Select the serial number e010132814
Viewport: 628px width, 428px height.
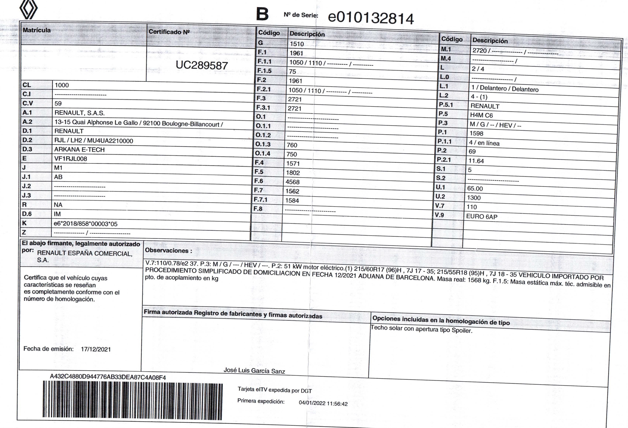371,18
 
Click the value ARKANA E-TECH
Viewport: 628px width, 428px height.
79,149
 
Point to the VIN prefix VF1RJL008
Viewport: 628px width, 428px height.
70,159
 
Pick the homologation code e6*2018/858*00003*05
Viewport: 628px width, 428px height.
85,224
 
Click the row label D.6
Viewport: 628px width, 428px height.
27,214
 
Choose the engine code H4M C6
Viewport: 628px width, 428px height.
481,115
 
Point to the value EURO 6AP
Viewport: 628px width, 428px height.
481,216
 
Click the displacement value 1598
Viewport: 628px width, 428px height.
476,133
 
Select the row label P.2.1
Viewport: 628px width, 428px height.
444,160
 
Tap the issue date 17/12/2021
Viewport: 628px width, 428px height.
96,349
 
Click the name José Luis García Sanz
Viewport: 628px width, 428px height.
254,371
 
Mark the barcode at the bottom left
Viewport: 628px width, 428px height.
133,400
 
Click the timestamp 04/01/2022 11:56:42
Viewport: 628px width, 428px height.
323,403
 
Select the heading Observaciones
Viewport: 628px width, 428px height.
168,250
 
